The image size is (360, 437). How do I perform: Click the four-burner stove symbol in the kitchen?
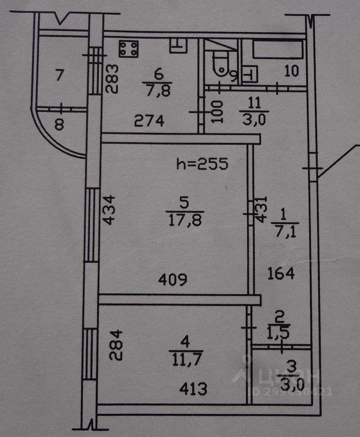point(129,49)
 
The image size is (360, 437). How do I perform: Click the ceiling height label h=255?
point(202,163)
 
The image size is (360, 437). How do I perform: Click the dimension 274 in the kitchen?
point(149,121)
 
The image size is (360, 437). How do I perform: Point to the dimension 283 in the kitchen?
point(113,78)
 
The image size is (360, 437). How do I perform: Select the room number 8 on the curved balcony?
point(59,124)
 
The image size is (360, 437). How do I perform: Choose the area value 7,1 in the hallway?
point(283,232)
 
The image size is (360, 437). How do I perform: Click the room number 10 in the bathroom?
point(291,72)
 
